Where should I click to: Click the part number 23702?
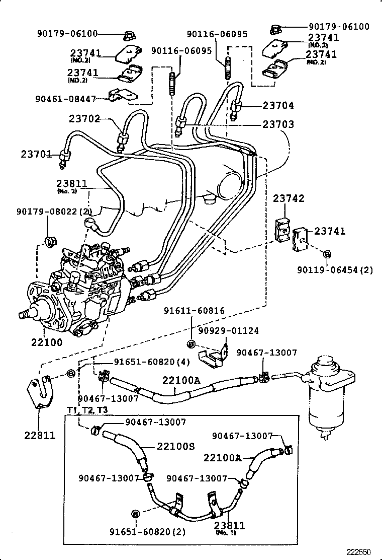point(84,119)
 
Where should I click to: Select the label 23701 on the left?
point(36,154)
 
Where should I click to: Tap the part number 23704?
point(278,106)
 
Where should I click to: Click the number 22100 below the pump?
point(47,342)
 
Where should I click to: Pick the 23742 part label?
point(289,198)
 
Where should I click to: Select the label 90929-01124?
point(228,331)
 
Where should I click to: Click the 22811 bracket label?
point(40,435)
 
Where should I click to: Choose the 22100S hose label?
point(175,446)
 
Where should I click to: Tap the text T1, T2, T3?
point(87,410)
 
